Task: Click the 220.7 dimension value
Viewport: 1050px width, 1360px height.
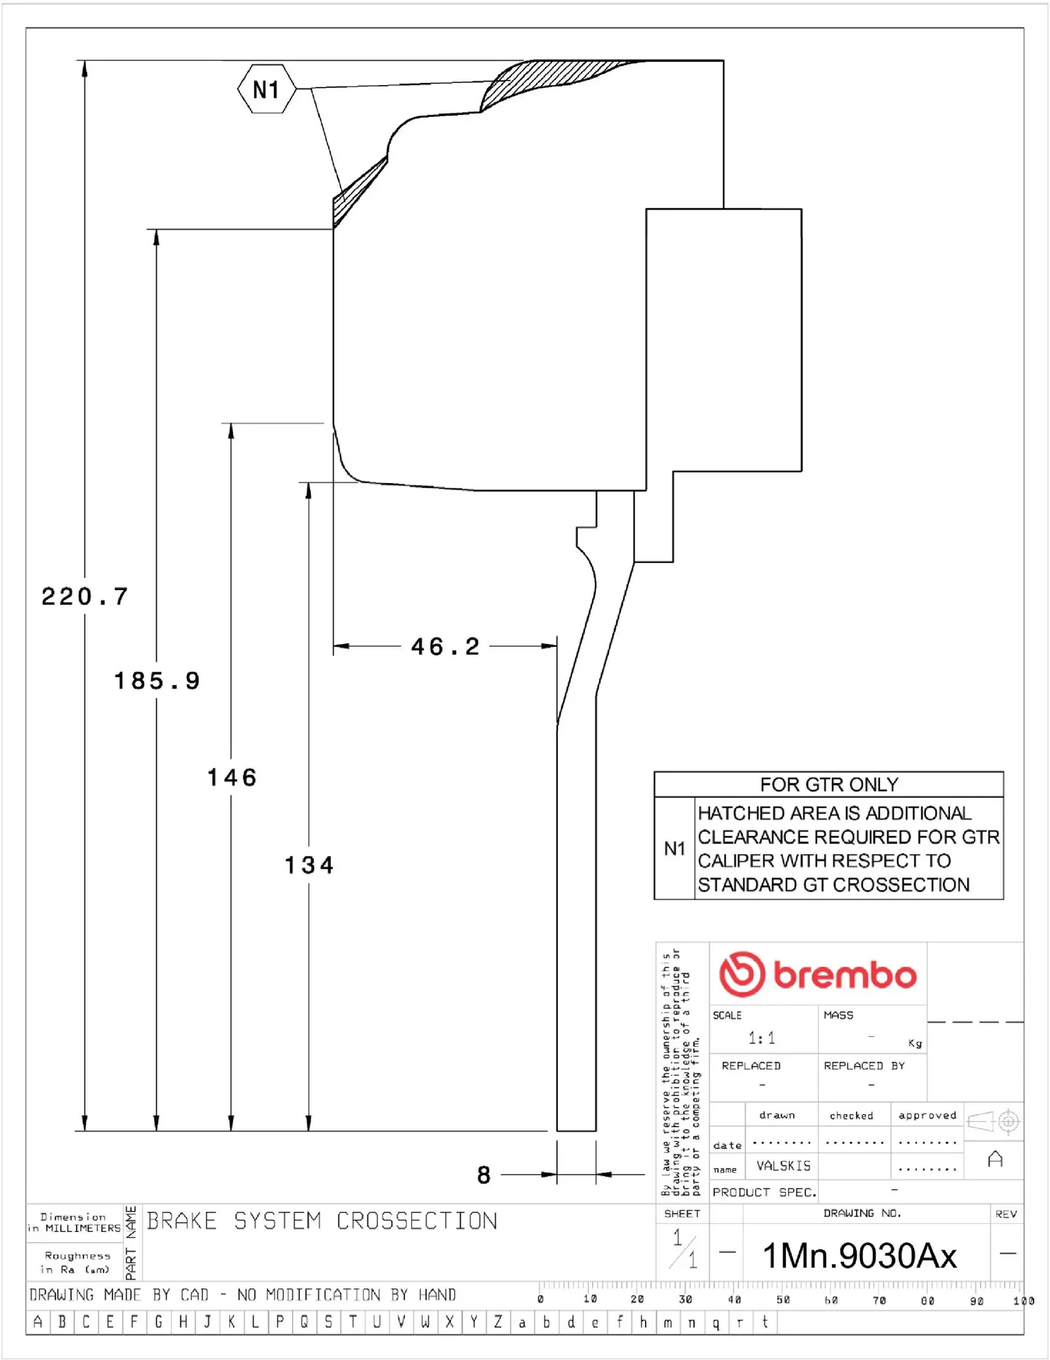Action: click(85, 596)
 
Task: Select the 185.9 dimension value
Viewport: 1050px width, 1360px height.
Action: click(157, 681)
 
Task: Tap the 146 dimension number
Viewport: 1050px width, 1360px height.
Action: click(232, 777)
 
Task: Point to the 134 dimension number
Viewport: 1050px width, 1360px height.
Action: click(309, 865)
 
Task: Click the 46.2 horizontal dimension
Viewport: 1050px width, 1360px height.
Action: click(445, 646)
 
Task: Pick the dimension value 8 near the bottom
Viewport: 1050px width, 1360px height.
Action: click(484, 1175)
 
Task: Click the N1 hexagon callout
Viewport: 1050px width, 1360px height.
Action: click(266, 89)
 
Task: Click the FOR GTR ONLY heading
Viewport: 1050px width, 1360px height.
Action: click(828, 784)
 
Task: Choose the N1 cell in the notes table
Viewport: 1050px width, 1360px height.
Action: click(674, 848)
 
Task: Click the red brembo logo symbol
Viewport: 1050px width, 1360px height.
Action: click(742, 974)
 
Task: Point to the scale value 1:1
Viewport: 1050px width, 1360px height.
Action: click(761, 1038)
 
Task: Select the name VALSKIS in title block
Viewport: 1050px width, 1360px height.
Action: click(783, 1165)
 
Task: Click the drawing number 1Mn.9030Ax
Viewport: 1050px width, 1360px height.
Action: click(859, 1255)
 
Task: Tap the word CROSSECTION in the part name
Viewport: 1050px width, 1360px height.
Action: click(416, 1220)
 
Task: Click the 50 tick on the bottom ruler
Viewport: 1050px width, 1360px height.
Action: click(782, 1299)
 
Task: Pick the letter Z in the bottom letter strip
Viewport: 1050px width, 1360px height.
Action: click(498, 1322)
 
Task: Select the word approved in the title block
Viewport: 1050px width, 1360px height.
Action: click(927, 1115)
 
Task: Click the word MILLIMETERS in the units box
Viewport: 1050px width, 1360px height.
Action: click(83, 1228)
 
